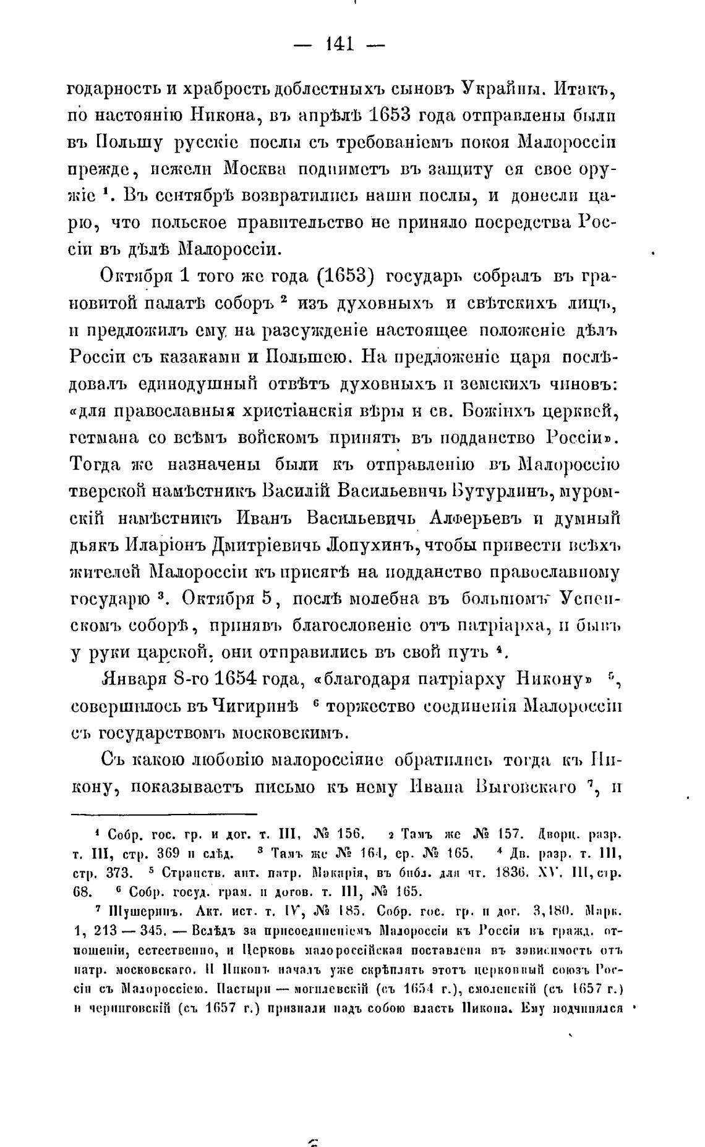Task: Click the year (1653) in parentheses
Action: click(x=345, y=276)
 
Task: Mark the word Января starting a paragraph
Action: click(x=134, y=679)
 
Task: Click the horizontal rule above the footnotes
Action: click(x=164, y=815)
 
